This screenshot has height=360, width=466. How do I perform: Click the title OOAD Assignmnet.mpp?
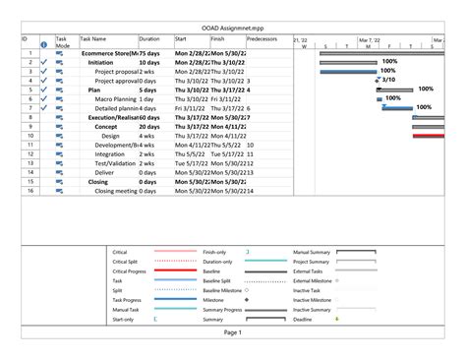(233, 27)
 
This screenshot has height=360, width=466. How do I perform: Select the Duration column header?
(148, 39)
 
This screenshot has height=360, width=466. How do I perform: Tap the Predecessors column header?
(262, 39)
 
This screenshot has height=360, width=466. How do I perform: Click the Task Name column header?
(93, 39)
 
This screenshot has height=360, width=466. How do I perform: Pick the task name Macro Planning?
(114, 99)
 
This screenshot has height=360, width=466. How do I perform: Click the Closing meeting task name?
(116, 191)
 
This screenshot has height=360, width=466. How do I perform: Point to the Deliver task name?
(104, 172)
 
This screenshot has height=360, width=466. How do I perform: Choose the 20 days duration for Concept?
(149, 127)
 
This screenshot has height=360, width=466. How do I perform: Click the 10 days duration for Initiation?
(149, 63)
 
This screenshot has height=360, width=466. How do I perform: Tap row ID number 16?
(31, 191)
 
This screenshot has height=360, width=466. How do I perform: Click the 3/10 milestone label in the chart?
(388, 80)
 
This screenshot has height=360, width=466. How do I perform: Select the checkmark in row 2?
(44, 63)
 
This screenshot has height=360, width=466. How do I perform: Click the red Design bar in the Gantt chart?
(427, 136)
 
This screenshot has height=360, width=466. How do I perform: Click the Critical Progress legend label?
(130, 271)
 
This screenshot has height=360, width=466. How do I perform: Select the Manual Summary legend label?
(311, 253)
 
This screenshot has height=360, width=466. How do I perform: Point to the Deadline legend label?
(304, 320)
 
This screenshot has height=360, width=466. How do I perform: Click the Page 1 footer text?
(232, 333)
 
